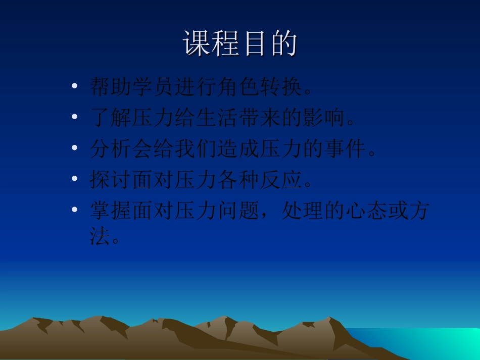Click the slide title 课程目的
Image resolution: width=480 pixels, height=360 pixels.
click(x=240, y=44)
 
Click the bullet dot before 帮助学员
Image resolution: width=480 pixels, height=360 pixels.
click(x=75, y=87)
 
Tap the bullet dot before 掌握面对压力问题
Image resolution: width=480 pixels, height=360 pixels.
click(x=75, y=210)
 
